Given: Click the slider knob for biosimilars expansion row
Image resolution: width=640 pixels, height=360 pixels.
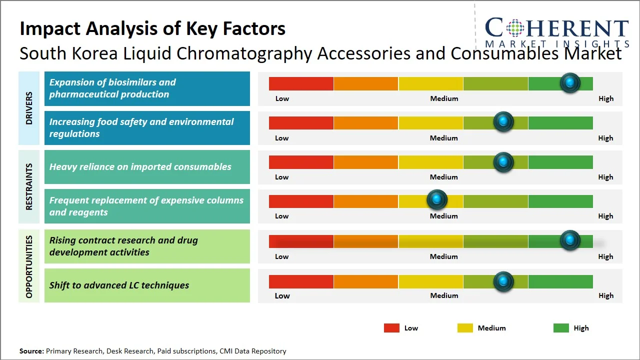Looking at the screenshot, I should [x=569, y=83].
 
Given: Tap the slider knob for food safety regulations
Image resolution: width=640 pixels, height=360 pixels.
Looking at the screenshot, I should [x=503, y=122].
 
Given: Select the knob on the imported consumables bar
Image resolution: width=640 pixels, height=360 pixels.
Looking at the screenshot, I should [x=503, y=162].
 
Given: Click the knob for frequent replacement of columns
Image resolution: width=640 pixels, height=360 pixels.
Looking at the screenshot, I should [x=437, y=200].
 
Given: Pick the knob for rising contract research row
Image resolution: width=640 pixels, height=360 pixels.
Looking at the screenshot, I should [x=569, y=240].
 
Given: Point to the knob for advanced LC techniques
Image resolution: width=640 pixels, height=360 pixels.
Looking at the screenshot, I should [x=503, y=281].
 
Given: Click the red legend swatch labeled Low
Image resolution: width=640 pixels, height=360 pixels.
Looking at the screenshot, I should [x=391, y=328].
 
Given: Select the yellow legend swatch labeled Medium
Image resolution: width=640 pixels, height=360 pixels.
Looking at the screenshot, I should [x=465, y=328].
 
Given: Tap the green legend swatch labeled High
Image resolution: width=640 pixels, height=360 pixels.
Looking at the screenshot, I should [x=561, y=328].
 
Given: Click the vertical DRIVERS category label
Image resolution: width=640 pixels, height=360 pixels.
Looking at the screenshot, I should [x=29, y=108].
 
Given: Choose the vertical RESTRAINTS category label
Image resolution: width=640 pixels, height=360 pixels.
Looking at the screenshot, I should [x=29, y=186].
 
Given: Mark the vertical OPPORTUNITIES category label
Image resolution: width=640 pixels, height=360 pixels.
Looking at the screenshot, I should [x=29, y=266].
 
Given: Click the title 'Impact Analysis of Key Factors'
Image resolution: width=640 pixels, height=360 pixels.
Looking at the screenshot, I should [x=152, y=28].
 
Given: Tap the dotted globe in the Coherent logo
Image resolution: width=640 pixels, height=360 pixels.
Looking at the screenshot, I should [x=514, y=28].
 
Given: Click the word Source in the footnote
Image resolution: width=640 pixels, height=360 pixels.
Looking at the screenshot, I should [x=31, y=351].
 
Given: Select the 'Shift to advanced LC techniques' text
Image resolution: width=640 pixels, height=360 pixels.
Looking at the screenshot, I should [x=119, y=285].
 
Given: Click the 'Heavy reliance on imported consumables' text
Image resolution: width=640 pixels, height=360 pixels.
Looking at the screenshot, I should [x=140, y=167].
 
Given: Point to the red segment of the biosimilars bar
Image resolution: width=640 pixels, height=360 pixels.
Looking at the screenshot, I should [x=301, y=83].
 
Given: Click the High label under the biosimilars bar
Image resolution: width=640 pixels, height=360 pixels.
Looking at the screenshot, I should [x=605, y=98].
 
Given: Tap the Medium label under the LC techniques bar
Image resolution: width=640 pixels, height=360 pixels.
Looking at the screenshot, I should [x=444, y=295].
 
